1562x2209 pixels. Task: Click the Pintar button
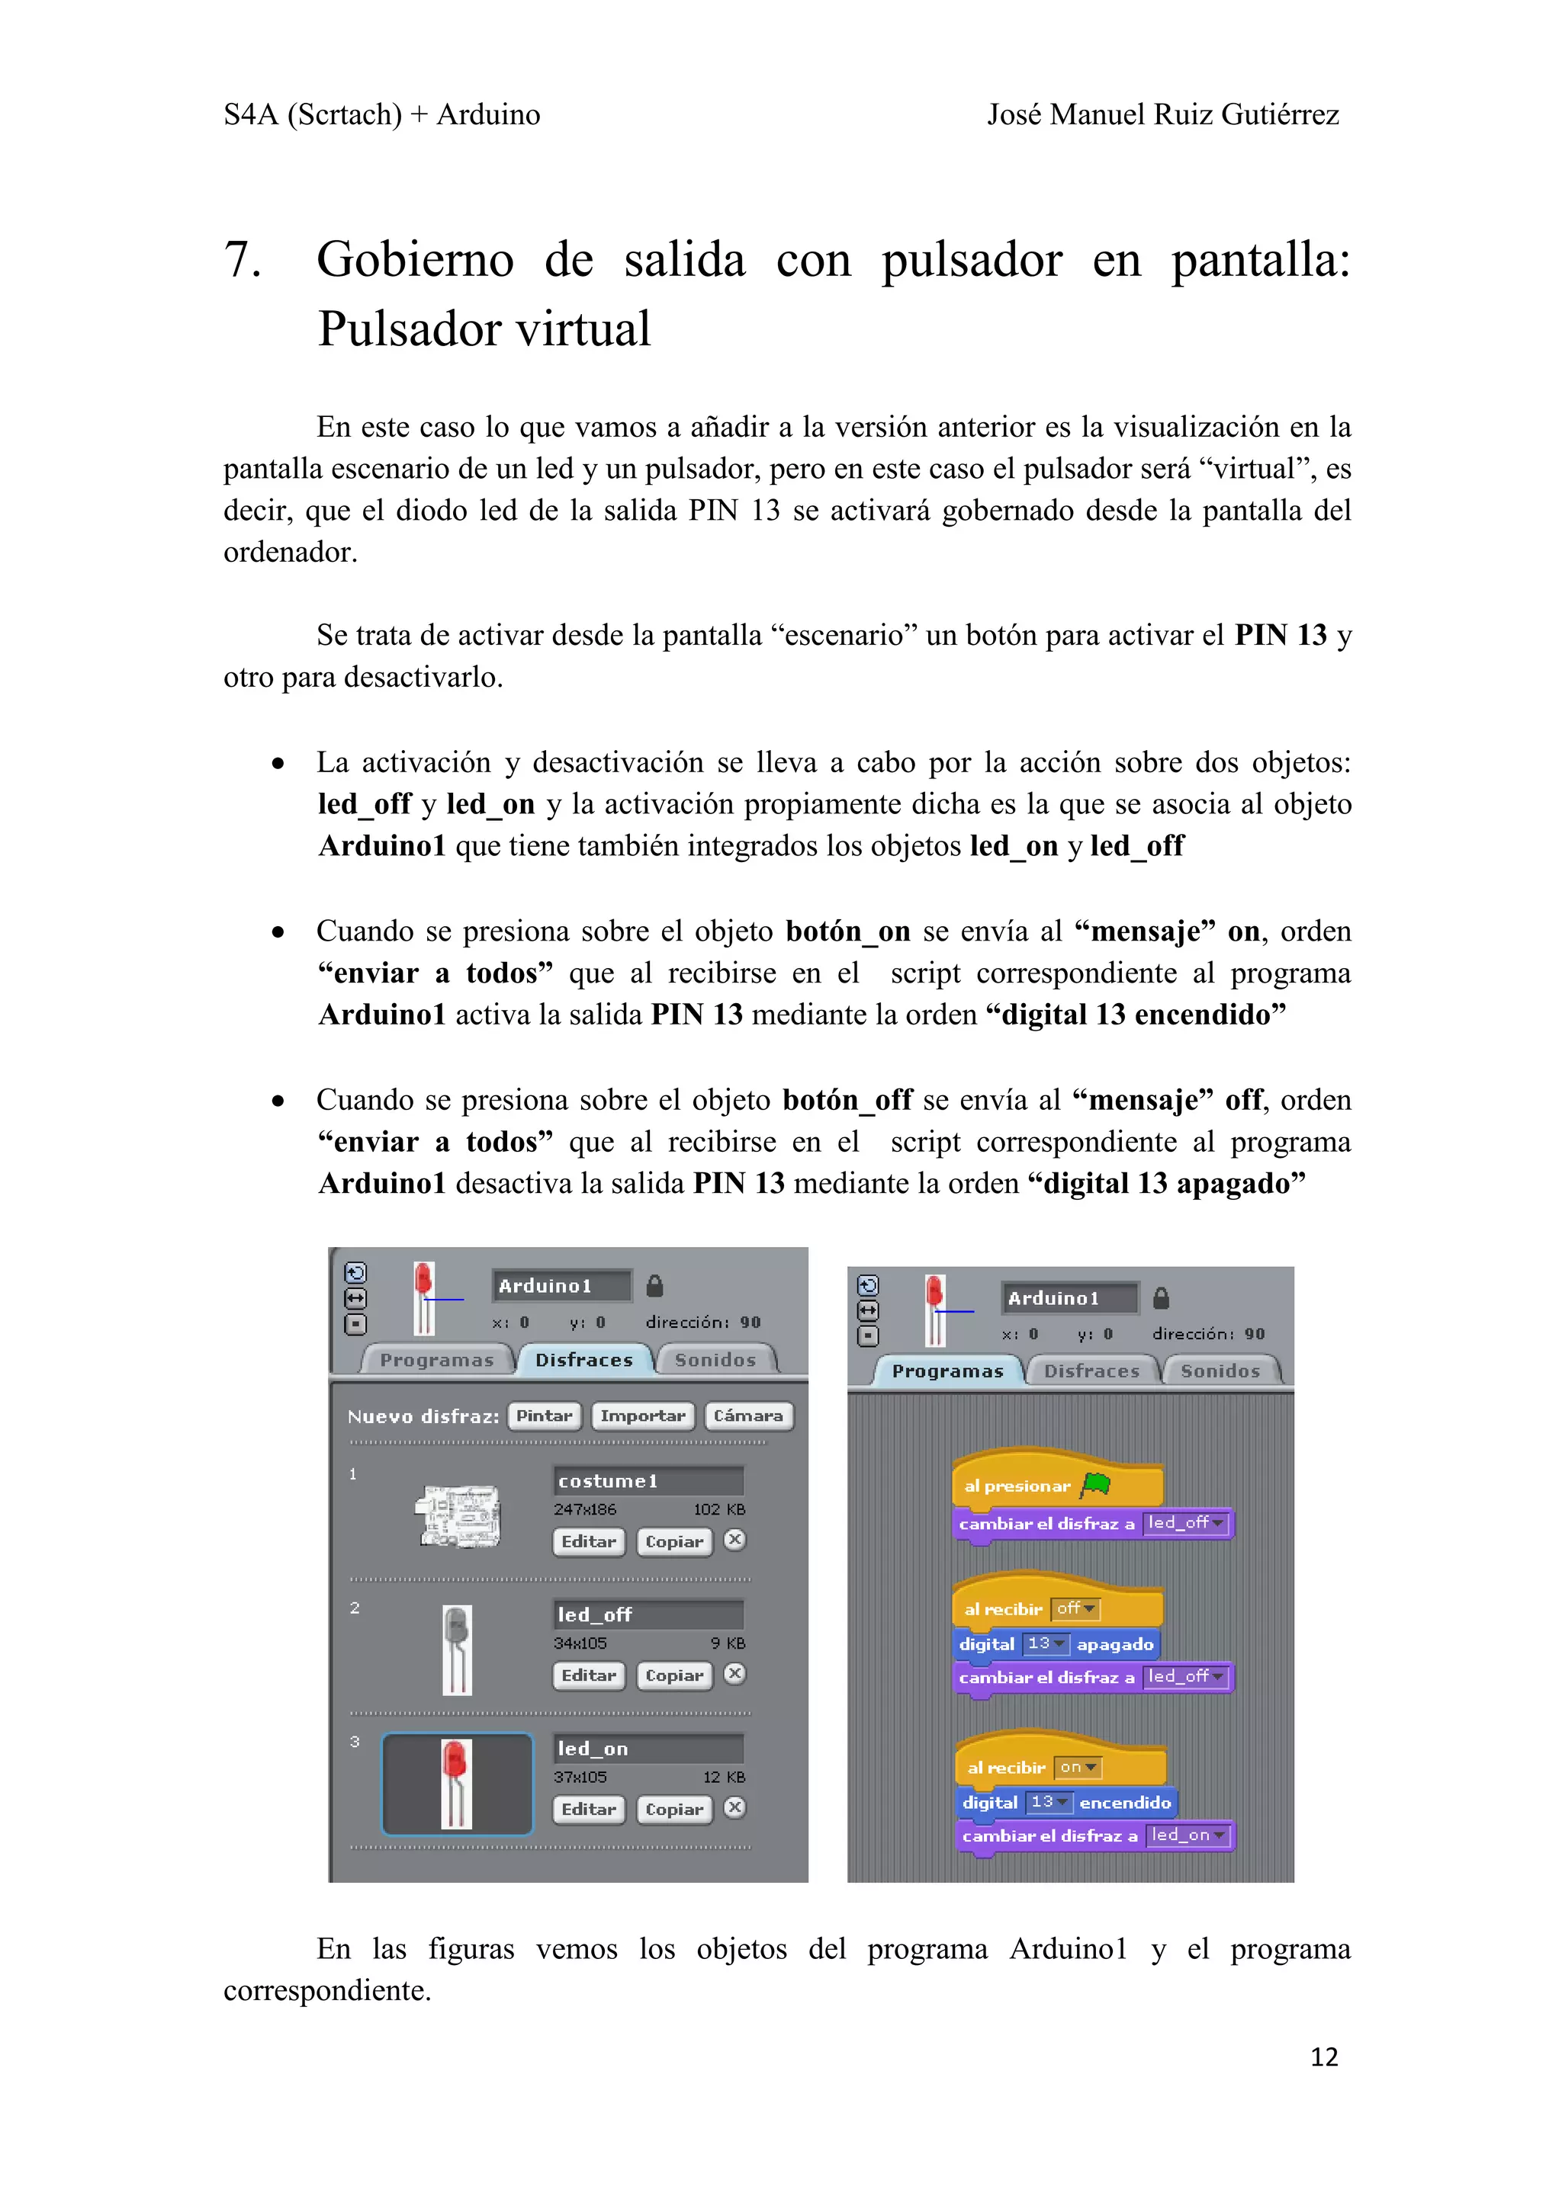click(x=544, y=1415)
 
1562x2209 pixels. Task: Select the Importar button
click(x=642, y=1415)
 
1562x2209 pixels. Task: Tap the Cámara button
click(x=747, y=1415)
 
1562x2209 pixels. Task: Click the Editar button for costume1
click(x=588, y=1541)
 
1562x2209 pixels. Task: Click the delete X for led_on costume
click(x=734, y=1808)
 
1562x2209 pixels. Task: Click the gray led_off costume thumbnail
click(x=457, y=1649)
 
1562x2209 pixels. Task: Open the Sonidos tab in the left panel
click(x=715, y=1359)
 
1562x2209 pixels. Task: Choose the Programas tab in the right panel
click(x=947, y=1371)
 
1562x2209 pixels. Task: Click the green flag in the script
click(x=1096, y=1485)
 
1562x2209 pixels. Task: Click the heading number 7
click(x=242, y=260)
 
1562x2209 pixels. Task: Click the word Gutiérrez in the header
click(x=1280, y=114)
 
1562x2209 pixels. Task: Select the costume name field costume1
click(x=648, y=1481)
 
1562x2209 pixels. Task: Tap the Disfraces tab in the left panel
click(x=584, y=1359)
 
